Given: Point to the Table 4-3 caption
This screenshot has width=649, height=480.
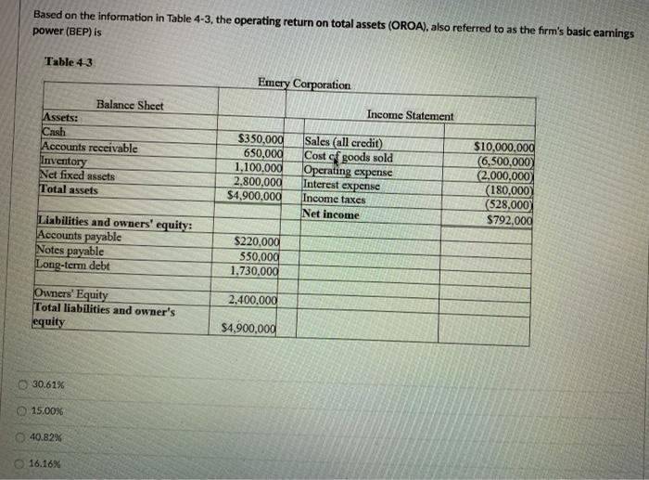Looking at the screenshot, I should (x=70, y=62).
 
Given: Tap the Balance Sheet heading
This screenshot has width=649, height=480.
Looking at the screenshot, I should (x=130, y=105).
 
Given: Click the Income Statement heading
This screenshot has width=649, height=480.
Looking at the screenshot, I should (x=411, y=115).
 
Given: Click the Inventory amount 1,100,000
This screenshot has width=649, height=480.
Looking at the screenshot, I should (x=256, y=168).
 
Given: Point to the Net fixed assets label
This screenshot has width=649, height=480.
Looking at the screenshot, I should (x=78, y=175).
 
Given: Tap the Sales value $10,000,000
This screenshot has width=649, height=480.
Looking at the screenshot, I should (x=503, y=147).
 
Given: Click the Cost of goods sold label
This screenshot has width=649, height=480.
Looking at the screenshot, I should (x=349, y=157).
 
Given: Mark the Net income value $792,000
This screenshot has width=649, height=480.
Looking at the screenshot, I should (x=509, y=220).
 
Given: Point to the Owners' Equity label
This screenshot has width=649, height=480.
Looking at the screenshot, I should (x=71, y=295).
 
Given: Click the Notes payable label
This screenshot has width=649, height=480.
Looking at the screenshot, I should (x=70, y=251).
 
